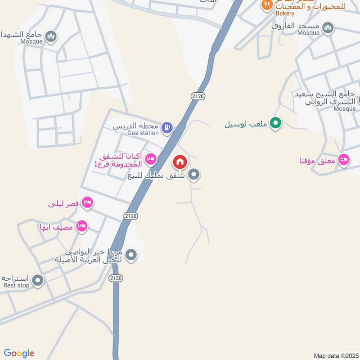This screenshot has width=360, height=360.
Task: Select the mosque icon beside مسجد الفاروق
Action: (x=328, y=28)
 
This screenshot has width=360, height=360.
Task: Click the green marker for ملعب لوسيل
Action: (x=276, y=122)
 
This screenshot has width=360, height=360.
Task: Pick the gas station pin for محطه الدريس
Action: (x=167, y=128)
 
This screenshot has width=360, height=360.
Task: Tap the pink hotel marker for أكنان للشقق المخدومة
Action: (x=151, y=158)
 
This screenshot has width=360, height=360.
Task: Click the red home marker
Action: (x=180, y=162)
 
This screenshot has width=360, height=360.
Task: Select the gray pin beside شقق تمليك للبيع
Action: (x=194, y=174)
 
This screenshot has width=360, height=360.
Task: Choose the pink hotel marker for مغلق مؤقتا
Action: (x=344, y=160)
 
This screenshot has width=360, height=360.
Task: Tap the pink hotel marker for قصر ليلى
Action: (x=88, y=203)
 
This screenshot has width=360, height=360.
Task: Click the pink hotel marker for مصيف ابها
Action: (x=81, y=225)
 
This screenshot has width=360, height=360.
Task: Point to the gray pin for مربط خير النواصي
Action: (x=131, y=255)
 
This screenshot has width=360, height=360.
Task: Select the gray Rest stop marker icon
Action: (x=38, y=281)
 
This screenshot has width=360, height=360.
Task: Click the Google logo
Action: (x=19, y=353)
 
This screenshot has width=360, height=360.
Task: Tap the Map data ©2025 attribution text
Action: (x=335, y=355)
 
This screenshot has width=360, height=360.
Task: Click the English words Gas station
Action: (x=143, y=133)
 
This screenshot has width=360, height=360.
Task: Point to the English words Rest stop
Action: (x=16, y=285)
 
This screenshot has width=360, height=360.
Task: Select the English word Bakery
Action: (x=285, y=13)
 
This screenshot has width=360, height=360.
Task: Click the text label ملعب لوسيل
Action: (x=246, y=123)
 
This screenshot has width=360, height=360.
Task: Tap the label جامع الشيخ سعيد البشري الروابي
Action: (x=325, y=98)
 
